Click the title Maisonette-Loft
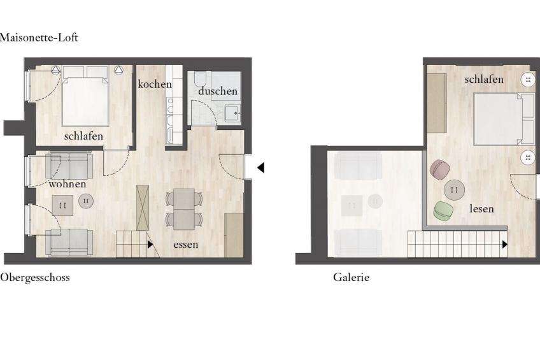pos(39,37)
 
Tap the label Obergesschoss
pos(35,278)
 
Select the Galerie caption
pos(351,277)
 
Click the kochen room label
pos(155,84)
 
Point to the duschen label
pos(218,91)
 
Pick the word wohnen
pos(67,184)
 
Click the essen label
pos(186,245)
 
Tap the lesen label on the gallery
pos(481,208)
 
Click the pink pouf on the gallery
pos(440,169)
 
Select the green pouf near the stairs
pos(443,211)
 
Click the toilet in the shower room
pos(200,79)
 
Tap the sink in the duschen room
pos(233,113)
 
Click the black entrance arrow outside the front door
pos(260,168)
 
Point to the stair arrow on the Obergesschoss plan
pos(150,244)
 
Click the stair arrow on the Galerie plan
pos(505,244)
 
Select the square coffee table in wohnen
pos(62,205)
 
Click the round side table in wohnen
pos(86,201)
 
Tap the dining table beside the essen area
pos(184,209)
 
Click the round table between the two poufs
pos(454,190)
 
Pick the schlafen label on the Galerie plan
pos(484,79)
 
